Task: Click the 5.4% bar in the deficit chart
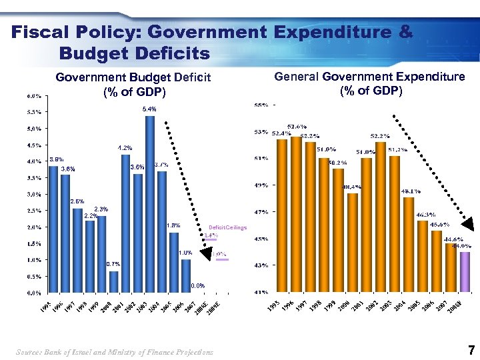point(150,204)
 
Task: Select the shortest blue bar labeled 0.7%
point(114,281)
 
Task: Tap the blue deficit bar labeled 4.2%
point(125,223)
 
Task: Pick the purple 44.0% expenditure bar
point(465,272)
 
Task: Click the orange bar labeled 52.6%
point(296,214)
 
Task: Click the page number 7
point(471,350)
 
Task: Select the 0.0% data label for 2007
point(198,286)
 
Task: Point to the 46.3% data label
point(425,215)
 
